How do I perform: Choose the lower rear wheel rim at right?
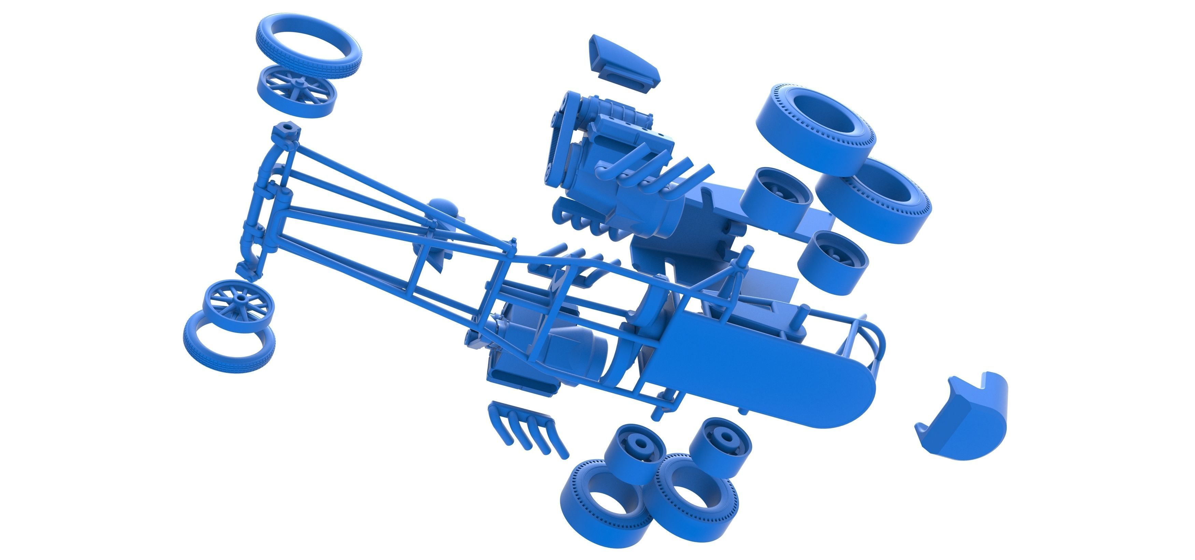(x=833, y=262)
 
